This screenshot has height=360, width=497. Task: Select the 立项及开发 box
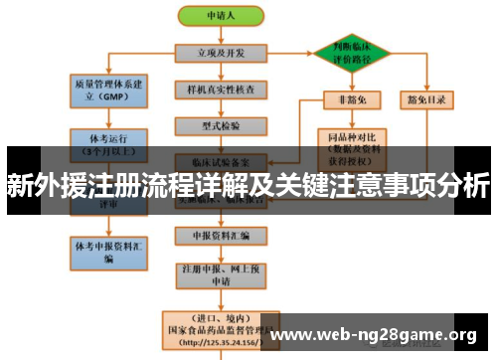coord(221,52)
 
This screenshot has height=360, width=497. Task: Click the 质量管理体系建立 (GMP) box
coord(108,91)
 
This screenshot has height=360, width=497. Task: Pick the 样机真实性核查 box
coord(221,90)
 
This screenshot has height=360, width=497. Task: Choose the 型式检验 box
coord(221,126)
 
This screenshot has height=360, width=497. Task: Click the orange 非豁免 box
coord(350,98)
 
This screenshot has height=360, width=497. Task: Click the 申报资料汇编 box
coord(221,236)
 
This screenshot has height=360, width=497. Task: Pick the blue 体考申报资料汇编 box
coord(108,250)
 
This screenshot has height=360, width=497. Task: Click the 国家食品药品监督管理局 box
coord(221,328)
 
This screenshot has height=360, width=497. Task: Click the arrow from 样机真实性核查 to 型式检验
coord(221,108)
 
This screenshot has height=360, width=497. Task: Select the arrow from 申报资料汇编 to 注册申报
coord(221,254)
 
